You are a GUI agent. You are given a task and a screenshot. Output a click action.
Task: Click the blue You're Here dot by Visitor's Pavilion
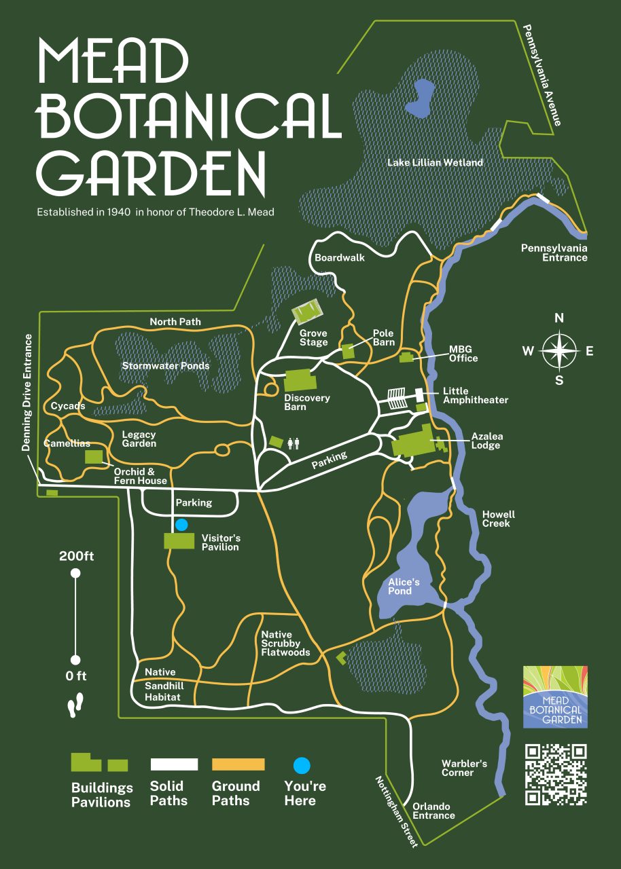tap(181, 525)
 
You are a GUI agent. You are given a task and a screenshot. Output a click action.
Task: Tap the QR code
tap(556, 775)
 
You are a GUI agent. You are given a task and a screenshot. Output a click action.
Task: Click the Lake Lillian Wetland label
tap(435, 163)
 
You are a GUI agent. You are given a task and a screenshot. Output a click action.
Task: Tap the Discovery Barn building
tap(298, 380)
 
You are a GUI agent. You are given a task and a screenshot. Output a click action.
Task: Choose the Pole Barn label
tap(384, 337)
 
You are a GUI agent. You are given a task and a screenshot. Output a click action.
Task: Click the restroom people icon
tap(294, 443)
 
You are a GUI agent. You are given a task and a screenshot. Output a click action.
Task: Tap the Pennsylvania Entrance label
tap(554, 253)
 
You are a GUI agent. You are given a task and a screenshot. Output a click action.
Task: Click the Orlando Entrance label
tap(433, 811)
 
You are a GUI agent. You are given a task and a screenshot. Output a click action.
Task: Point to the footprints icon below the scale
tap(75, 705)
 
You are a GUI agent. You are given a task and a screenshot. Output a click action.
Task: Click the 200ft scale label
tap(76, 556)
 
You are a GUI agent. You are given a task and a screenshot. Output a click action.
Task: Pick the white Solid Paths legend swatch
tap(174, 764)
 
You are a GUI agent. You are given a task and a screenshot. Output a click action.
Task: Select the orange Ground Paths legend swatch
tap(238, 764)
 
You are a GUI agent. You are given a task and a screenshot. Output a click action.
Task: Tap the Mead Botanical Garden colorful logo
tap(555, 697)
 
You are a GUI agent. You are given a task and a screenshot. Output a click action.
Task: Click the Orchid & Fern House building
tap(94, 456)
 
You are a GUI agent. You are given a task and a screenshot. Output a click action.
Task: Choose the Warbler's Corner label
tap(464, 768)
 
